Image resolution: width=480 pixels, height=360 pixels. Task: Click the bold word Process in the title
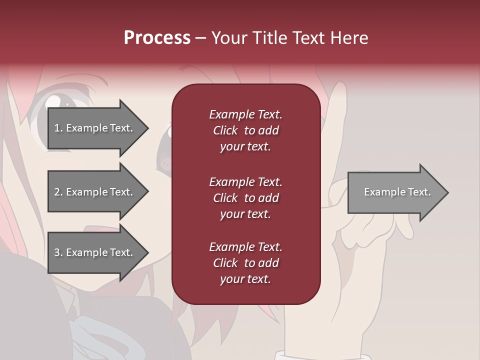157,38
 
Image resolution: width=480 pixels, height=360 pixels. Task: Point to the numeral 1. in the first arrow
58,128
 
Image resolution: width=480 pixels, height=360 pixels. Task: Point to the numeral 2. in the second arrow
58,192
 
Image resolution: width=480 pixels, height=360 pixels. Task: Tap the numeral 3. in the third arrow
58,252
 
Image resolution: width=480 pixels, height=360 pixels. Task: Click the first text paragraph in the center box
245,130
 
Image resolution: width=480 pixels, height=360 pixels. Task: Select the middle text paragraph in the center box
245,198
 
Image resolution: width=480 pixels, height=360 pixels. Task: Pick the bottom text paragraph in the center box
245,263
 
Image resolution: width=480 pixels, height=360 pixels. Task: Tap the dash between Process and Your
201,38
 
